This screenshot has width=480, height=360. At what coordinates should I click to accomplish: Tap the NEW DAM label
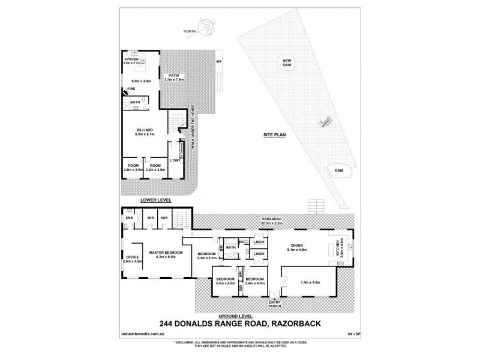coord(287,61)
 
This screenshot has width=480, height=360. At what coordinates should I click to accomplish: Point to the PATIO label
coord(174,76)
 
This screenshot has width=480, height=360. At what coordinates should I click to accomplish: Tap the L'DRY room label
coord(176,164)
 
